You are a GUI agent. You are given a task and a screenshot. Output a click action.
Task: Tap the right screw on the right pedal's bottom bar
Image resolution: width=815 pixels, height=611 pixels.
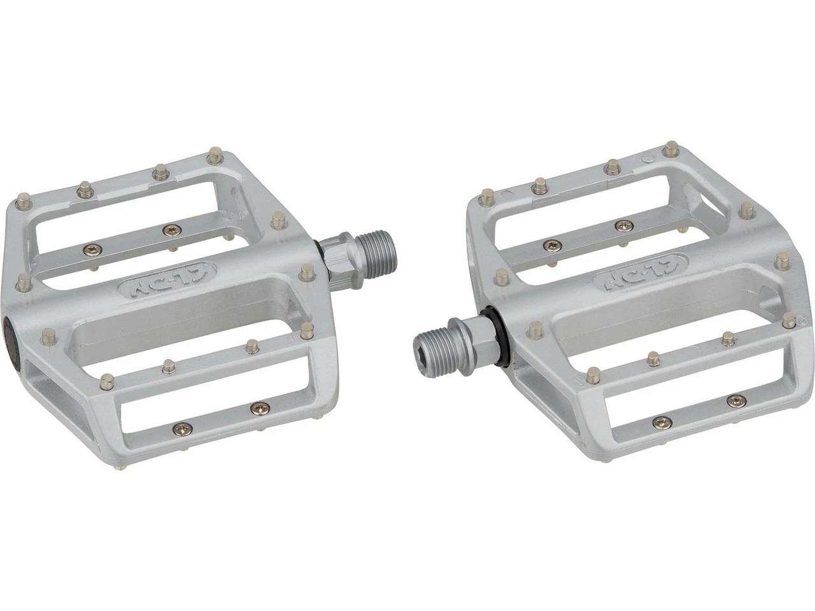(735, 400)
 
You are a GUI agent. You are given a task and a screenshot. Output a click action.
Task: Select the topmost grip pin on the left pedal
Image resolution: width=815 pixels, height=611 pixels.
(215, 153)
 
